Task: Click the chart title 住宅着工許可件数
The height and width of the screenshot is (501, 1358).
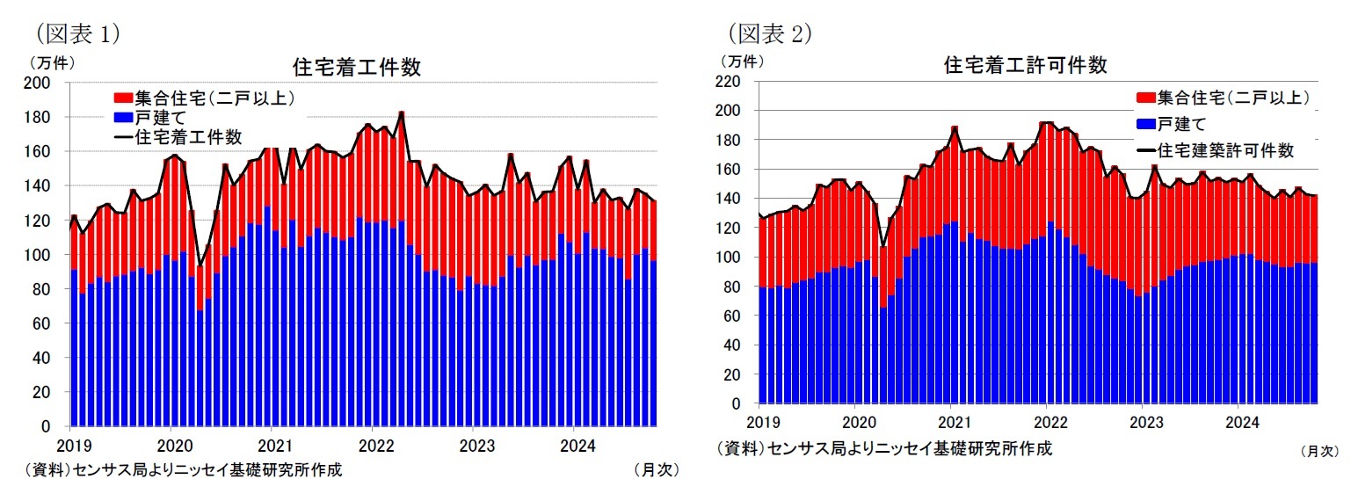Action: click(1024, 65)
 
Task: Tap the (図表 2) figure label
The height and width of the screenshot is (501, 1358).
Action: click(770, 33)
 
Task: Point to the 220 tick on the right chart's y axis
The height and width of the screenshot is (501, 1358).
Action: click(736, 82)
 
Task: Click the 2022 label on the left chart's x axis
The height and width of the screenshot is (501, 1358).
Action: click(374, 445)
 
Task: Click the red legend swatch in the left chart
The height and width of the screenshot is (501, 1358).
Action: click(122, 98)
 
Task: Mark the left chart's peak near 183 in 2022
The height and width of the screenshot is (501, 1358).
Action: click(402, 113)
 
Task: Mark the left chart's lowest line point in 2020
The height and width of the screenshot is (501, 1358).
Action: click(200, 265)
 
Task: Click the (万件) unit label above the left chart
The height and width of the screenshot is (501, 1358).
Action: click(52, 62)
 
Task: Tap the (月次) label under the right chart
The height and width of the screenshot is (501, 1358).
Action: click(1318, 451)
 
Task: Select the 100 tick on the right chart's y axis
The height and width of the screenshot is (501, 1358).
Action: click(736, 258)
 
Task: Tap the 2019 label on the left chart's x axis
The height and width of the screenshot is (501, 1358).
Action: click(71, 445)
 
